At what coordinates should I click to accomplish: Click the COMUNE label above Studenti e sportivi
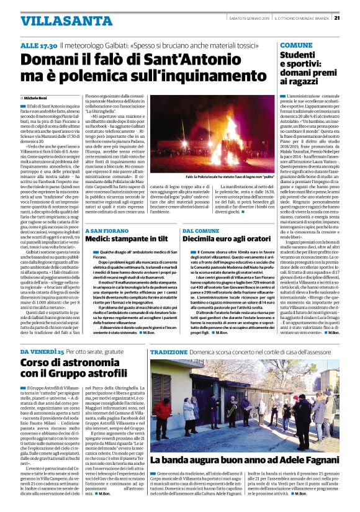coord(297,46)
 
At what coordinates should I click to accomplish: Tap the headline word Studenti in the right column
coord(299,55)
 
